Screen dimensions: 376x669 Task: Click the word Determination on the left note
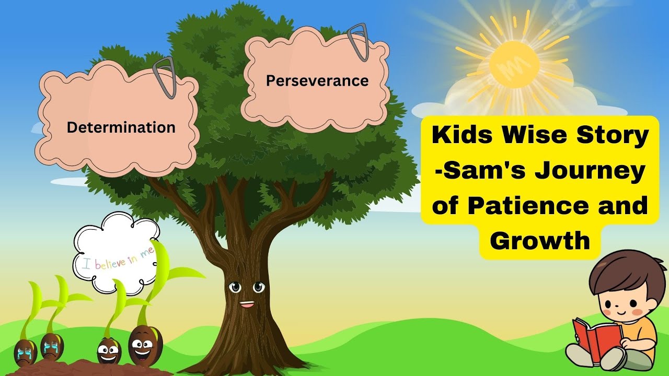[121, 127]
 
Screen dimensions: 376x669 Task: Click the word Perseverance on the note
[317, 81]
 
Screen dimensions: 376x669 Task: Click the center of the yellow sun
[514, 64]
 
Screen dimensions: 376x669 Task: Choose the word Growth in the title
[540, 241]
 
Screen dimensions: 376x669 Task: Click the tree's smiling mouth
[247, 303]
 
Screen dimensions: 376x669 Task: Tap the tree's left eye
[235, 287]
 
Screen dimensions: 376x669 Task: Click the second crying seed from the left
[52, 346]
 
